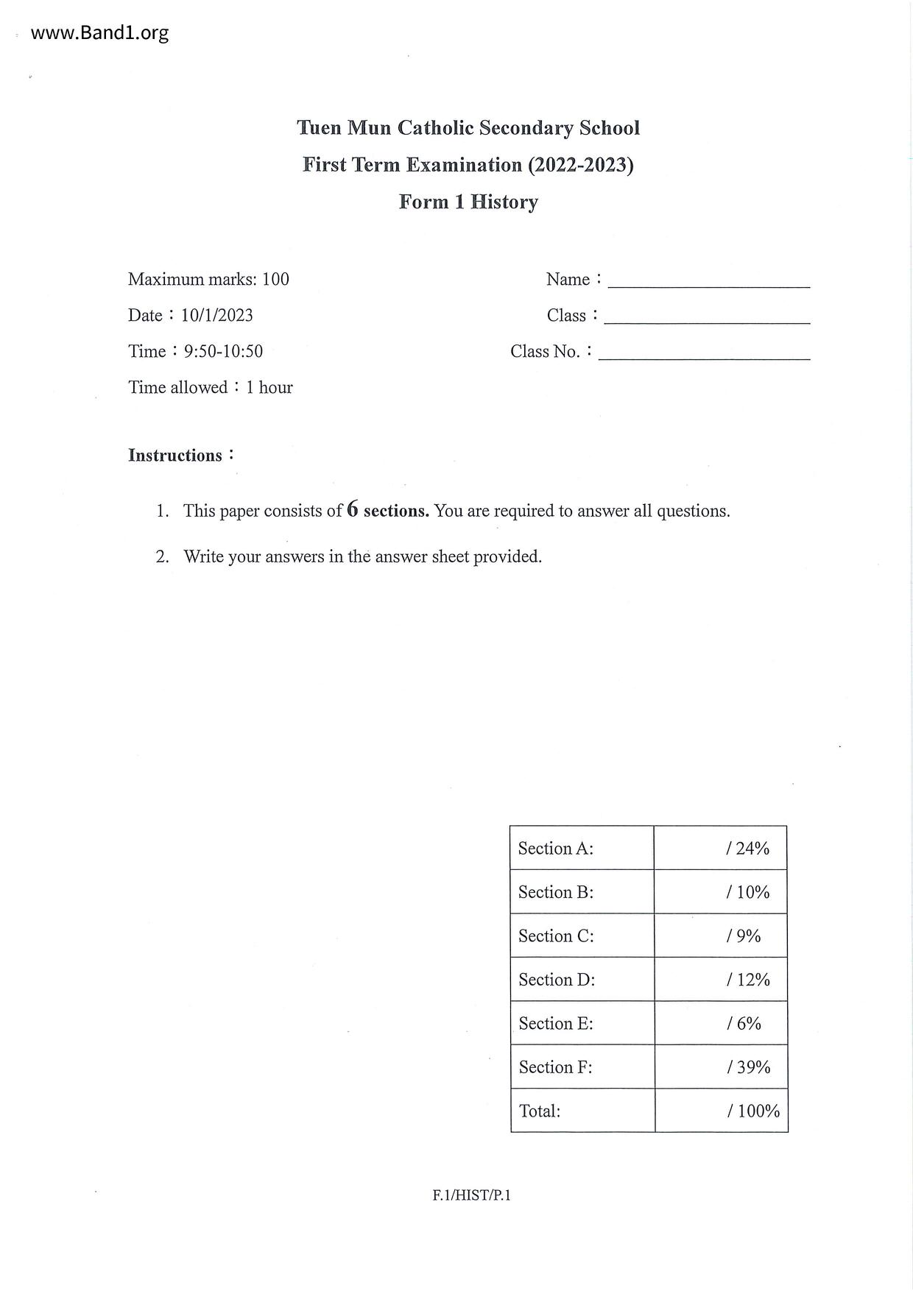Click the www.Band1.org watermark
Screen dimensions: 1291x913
point(99,33)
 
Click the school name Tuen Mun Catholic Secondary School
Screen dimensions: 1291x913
point(468,128)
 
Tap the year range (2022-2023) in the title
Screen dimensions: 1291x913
point(580,165)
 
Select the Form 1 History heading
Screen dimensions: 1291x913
point(468,202)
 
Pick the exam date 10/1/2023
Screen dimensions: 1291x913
point(217,315)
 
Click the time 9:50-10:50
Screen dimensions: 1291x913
point(223,351)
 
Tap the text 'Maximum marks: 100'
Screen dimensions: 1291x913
point(208,279)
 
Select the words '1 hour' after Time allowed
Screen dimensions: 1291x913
point(269,387)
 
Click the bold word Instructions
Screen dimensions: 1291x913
point(175,456)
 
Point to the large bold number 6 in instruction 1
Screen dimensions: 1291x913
point(353,509)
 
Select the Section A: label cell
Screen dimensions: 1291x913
point(582,848)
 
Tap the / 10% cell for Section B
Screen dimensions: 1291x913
point(721,892)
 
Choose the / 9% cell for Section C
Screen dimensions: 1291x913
point(721,935)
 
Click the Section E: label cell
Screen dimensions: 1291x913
point(582,1023)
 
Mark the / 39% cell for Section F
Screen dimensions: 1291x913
point(721,1067)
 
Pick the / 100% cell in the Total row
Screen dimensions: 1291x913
point(722,1111)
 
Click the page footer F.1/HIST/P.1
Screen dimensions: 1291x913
point(471,1195)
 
